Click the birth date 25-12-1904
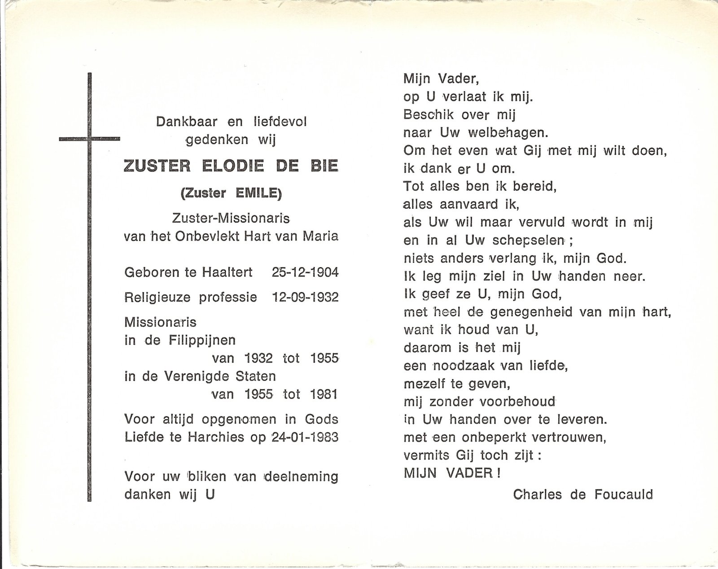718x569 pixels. [305, 272]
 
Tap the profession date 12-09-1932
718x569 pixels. [305, 297]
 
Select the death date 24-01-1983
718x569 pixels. [305, 437]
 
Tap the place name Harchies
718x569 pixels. [222, 437]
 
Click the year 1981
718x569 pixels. [324, 394]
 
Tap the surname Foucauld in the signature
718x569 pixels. [623, 494]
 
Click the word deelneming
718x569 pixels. [301, 476]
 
